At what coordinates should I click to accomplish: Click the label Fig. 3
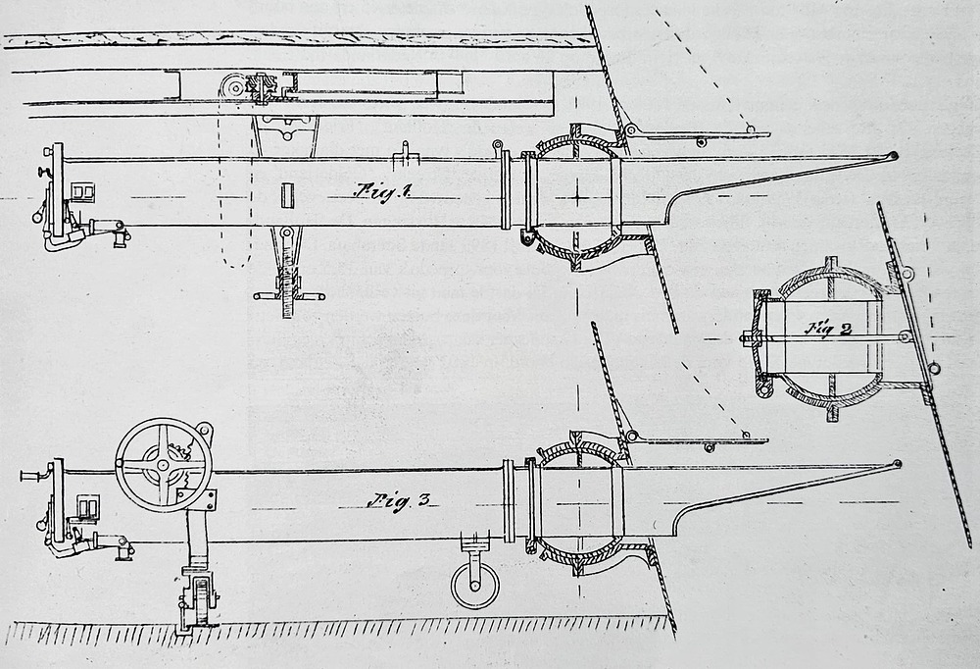coord(399,500)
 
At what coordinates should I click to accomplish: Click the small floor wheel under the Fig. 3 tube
coord(474,586)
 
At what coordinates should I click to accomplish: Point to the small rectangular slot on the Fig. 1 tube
coord(286,194)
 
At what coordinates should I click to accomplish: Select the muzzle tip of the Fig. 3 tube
coord(896,464)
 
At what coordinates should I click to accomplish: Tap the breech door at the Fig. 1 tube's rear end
coord(58,191)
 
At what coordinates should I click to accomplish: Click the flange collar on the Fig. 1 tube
coord(506,193)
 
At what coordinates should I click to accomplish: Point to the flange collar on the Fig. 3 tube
coord(508,500)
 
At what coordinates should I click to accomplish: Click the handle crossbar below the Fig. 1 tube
coord(285,293)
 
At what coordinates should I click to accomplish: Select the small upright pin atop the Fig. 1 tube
coord(404,150)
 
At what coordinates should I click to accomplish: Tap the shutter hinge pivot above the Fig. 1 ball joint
coord(632,130)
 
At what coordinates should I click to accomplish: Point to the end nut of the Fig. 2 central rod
coord(747,339)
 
